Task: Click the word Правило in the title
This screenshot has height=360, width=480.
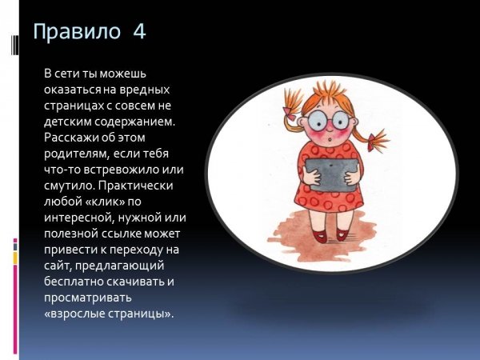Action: pyautogui.click(x=77, y=31)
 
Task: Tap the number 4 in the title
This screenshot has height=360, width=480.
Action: pyautogui.click(x=139, y=31)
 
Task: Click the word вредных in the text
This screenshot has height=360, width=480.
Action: pyautogui.click(x=145, y=90)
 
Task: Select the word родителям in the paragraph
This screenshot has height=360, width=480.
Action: pyautogui.click(x=77, y=154)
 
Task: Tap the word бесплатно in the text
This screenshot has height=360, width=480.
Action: pyautogui.click(x=74, y=282)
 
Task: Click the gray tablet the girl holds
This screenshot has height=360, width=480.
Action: pyautogui.click(x=332, y=174)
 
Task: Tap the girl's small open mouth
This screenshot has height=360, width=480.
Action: pyautogui.click(x=329, y=139)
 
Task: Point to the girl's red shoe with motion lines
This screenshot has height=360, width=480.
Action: pyautogui.click(x=342, y=234)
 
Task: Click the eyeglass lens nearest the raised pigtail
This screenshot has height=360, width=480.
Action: pyautogui.click(x=318, y=122)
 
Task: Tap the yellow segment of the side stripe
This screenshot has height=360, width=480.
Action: pyautogui.click(x=15, y=258)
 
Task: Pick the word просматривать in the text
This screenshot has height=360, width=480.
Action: pyautogui.click(x=88, y=298)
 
